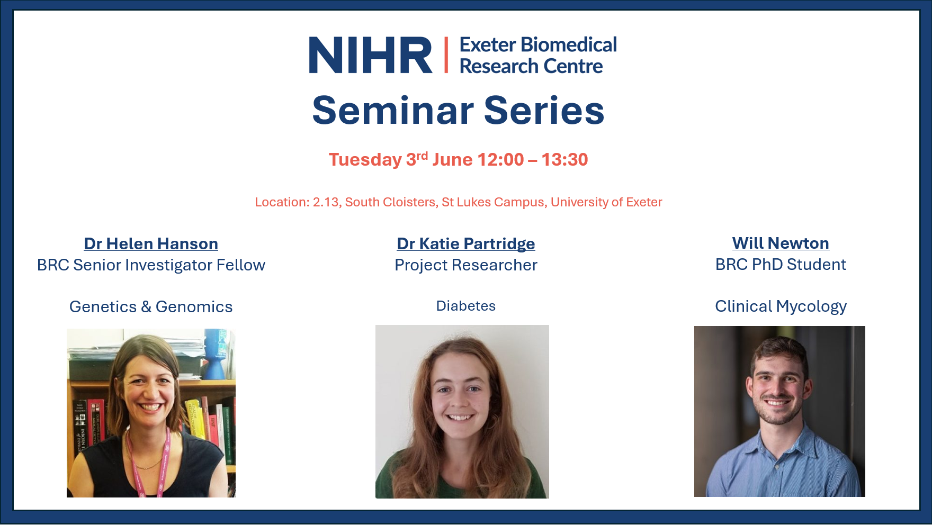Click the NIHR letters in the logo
click(x=371, y=55)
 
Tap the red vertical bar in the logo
click(x=446, y=55)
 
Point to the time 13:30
click(x=564, y=159)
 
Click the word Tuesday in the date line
click(x=365, y=160)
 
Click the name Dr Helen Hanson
click(x=151, y=243)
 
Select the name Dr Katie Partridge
click(x=466, y=243)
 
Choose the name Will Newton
click(x=781, y=243)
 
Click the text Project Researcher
click(x=466, y=265)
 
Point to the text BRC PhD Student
click(x=781, y=265)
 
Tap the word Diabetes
click(x=466, y=306)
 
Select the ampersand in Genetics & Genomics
click(x=146, y=307)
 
